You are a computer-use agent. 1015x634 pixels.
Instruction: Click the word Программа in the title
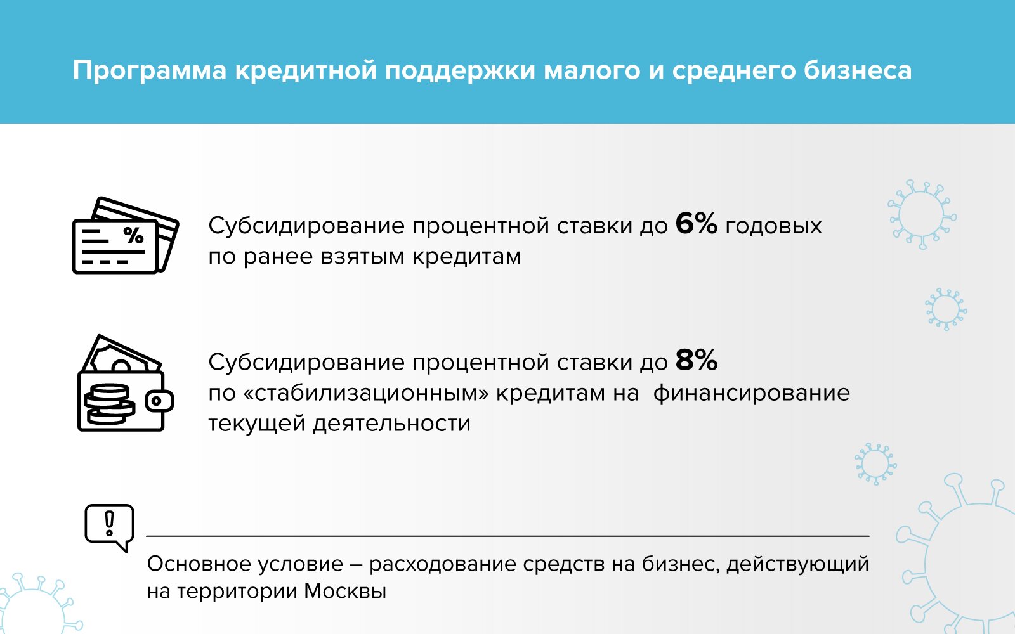coord(150,72)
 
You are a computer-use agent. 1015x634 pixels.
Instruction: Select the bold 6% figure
coord(697,223)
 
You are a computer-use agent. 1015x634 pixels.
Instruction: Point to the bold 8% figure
coord(697,360)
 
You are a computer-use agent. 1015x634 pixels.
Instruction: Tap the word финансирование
coord(751,393)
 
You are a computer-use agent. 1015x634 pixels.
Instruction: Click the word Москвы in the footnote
coord(344,591)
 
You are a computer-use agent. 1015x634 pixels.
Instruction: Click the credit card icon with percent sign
coord(126,235)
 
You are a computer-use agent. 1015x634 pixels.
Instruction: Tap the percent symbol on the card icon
coord(134,235)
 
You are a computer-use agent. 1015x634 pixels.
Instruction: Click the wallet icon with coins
coord(126,383)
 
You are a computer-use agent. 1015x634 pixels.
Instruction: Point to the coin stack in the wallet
coord(109,404)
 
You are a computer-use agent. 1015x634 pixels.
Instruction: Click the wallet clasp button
coord(159,401)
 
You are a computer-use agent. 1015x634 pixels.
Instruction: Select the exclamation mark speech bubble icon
coord(110,528)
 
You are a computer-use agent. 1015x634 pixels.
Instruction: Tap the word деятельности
coord(391,424)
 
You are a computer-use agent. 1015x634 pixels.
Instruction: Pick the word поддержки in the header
coord(460,72)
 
